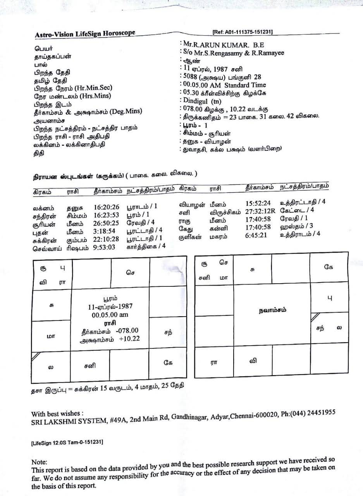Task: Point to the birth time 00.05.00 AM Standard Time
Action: [x=224, y=85]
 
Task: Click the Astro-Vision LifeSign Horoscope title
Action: [x=85, y=34]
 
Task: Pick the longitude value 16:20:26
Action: [x=107, y=207]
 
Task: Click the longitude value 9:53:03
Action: [x=104, y=248]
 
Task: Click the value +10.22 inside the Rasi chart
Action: [x=129, y=339]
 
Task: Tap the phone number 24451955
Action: [x=319, y=412]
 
